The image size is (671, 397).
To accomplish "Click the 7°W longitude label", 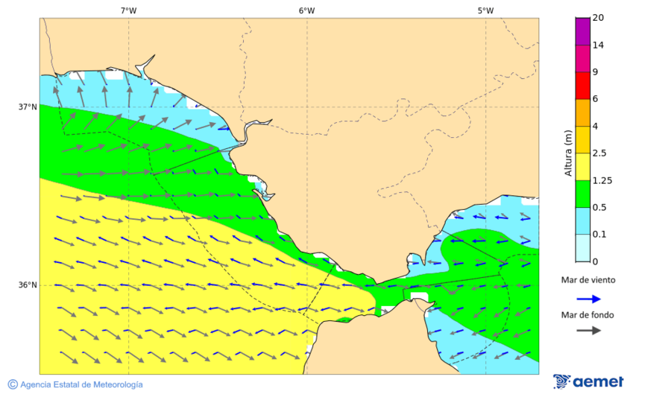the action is point(128,10).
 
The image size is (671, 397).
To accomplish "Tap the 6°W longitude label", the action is point(306,10).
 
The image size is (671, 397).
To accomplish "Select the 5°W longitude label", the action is point(485,10).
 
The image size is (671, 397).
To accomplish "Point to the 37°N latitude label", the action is point(28,107).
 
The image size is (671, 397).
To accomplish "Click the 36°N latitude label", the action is point(28,285).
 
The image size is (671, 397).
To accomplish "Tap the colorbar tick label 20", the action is point(598,18).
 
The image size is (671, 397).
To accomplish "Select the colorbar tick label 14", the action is point(598,45).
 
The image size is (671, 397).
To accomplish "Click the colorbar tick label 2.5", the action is point(599,153).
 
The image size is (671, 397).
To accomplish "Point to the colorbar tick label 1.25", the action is point(601,180).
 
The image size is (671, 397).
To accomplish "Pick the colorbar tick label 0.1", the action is point(599,235).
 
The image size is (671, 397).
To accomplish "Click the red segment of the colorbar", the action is point(582,86).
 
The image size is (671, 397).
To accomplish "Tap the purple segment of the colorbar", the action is point(582,31).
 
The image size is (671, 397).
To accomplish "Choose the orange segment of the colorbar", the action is point(582,112).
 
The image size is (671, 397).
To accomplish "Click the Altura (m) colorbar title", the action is point(568,153).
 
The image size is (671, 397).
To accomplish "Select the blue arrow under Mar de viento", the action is point(588,299).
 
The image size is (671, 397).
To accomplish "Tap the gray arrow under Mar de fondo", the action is point(588,330).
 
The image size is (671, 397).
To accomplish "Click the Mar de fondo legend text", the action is point(587,315).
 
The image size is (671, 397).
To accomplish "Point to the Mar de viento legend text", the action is point(588,280).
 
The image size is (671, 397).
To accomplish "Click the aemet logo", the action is point(588,381).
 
